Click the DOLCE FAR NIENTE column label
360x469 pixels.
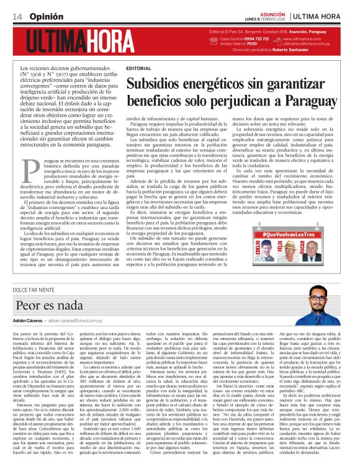(x=38, y=291)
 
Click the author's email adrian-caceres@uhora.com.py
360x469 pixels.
(x=76, y=323)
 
